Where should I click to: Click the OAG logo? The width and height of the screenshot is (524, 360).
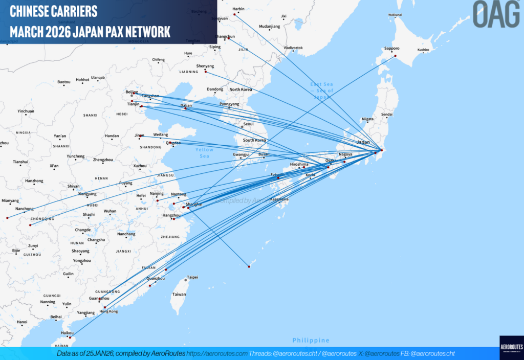tap(495, 14)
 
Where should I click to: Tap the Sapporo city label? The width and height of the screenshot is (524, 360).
tap(391, 49)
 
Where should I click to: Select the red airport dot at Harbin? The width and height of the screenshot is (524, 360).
tap(235, 14)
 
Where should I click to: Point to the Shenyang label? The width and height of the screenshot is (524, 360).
tap(205, 66)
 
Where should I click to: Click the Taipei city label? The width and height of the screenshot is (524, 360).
tap(192, 277)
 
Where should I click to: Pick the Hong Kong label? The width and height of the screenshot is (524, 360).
tap(108, 311)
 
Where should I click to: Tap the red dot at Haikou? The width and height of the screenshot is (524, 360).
tap(70, 337)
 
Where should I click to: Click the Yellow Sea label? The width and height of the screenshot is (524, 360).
tap(204, 152)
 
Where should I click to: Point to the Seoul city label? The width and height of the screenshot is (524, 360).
tap(249, 124)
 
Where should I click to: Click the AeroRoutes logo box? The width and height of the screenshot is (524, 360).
tap(511, 348)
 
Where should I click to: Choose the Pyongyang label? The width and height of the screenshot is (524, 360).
tap(229, 104)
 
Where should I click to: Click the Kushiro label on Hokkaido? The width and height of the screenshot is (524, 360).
tap(423, 50)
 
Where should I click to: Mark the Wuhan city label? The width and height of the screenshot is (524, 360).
tap(110, 211)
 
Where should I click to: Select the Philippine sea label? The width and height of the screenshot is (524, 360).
tap(311, 341)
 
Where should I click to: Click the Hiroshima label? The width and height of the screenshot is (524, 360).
tap(299, 164)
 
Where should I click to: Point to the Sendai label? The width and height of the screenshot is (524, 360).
tap(387, 115)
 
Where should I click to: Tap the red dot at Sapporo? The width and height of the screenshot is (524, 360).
tap(395, 56)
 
